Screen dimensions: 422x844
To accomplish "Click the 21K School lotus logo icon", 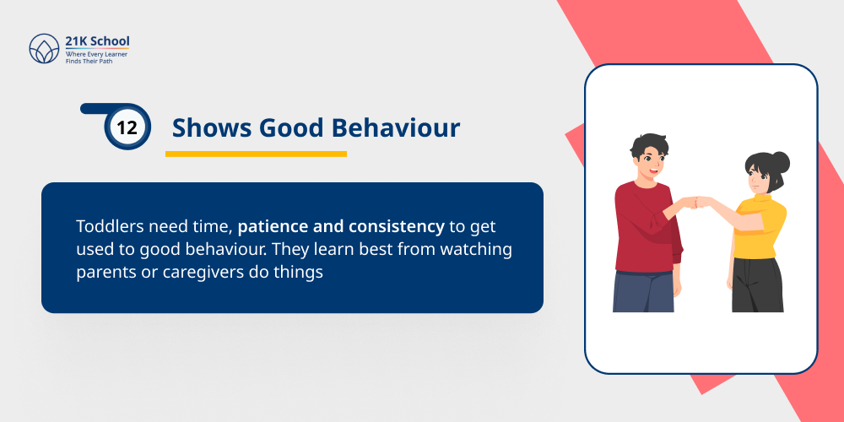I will [44, 49].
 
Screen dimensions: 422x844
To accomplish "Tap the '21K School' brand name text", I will [98, 41].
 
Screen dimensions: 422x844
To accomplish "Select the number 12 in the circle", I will [127, 128].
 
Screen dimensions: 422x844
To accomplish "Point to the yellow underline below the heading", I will [256, 154].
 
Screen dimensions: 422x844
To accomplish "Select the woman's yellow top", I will [758, 226].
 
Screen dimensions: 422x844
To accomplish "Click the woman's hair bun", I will [781, 160].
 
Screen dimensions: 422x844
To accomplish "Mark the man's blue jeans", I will [643, 291].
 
